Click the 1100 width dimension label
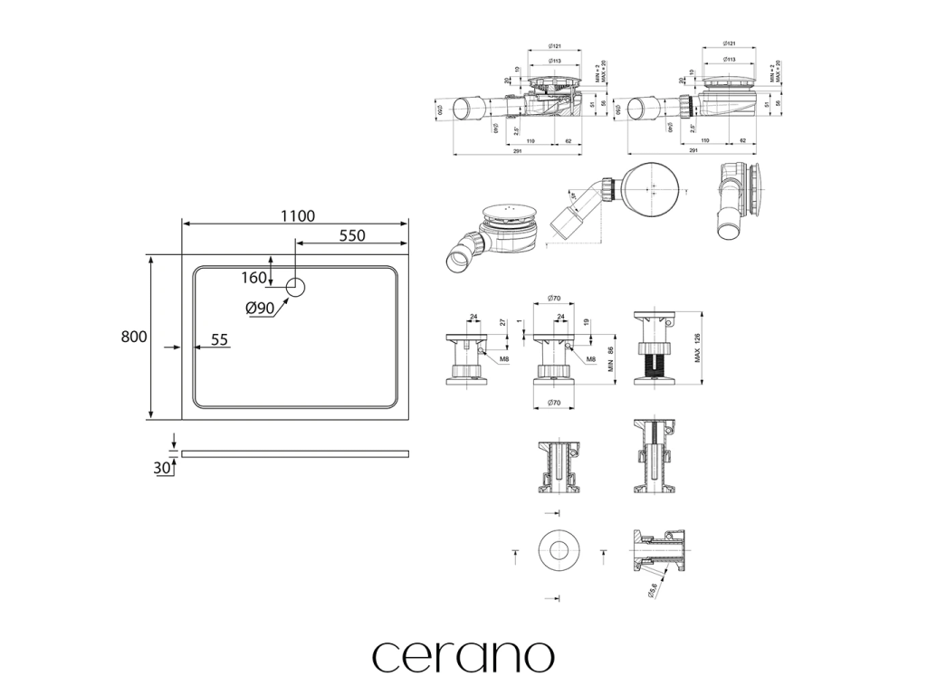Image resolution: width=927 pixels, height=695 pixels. [x=297, y=215]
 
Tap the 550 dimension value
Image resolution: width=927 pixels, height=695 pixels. [x=351, y=235]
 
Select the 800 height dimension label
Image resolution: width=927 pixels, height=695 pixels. [x=133, y=337]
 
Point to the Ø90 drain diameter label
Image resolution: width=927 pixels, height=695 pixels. [x=260, y=309]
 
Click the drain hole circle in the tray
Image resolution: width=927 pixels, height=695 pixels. [x=297, y=288]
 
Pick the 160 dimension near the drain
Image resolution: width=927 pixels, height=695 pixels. [x=254, y=277]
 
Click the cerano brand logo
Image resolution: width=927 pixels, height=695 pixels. [x=463, y=657]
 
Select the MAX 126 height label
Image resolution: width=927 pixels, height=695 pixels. [x=696, y=348]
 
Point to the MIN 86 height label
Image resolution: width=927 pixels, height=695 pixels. [x=611, y=362]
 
